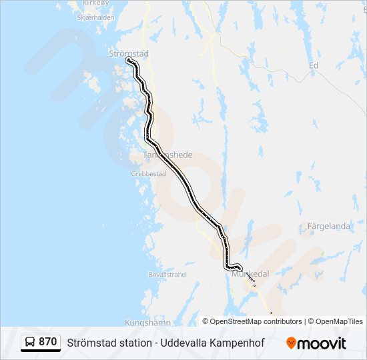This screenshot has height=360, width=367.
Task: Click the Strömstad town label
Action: click(128, 54)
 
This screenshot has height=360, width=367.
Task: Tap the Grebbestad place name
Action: click(148, 174)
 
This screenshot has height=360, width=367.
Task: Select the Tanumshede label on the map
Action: click(167, 155)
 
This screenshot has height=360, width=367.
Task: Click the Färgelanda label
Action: click(328, 226)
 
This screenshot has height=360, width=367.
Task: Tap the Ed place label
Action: click(314, 65)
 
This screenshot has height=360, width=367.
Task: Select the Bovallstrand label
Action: click(167, 274)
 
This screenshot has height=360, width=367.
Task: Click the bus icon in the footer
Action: click(30, 343)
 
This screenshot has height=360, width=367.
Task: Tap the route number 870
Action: click(48, 342)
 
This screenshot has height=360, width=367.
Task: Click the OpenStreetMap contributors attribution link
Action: click(256, 321)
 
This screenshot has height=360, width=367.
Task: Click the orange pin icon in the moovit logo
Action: click(291, 343)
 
